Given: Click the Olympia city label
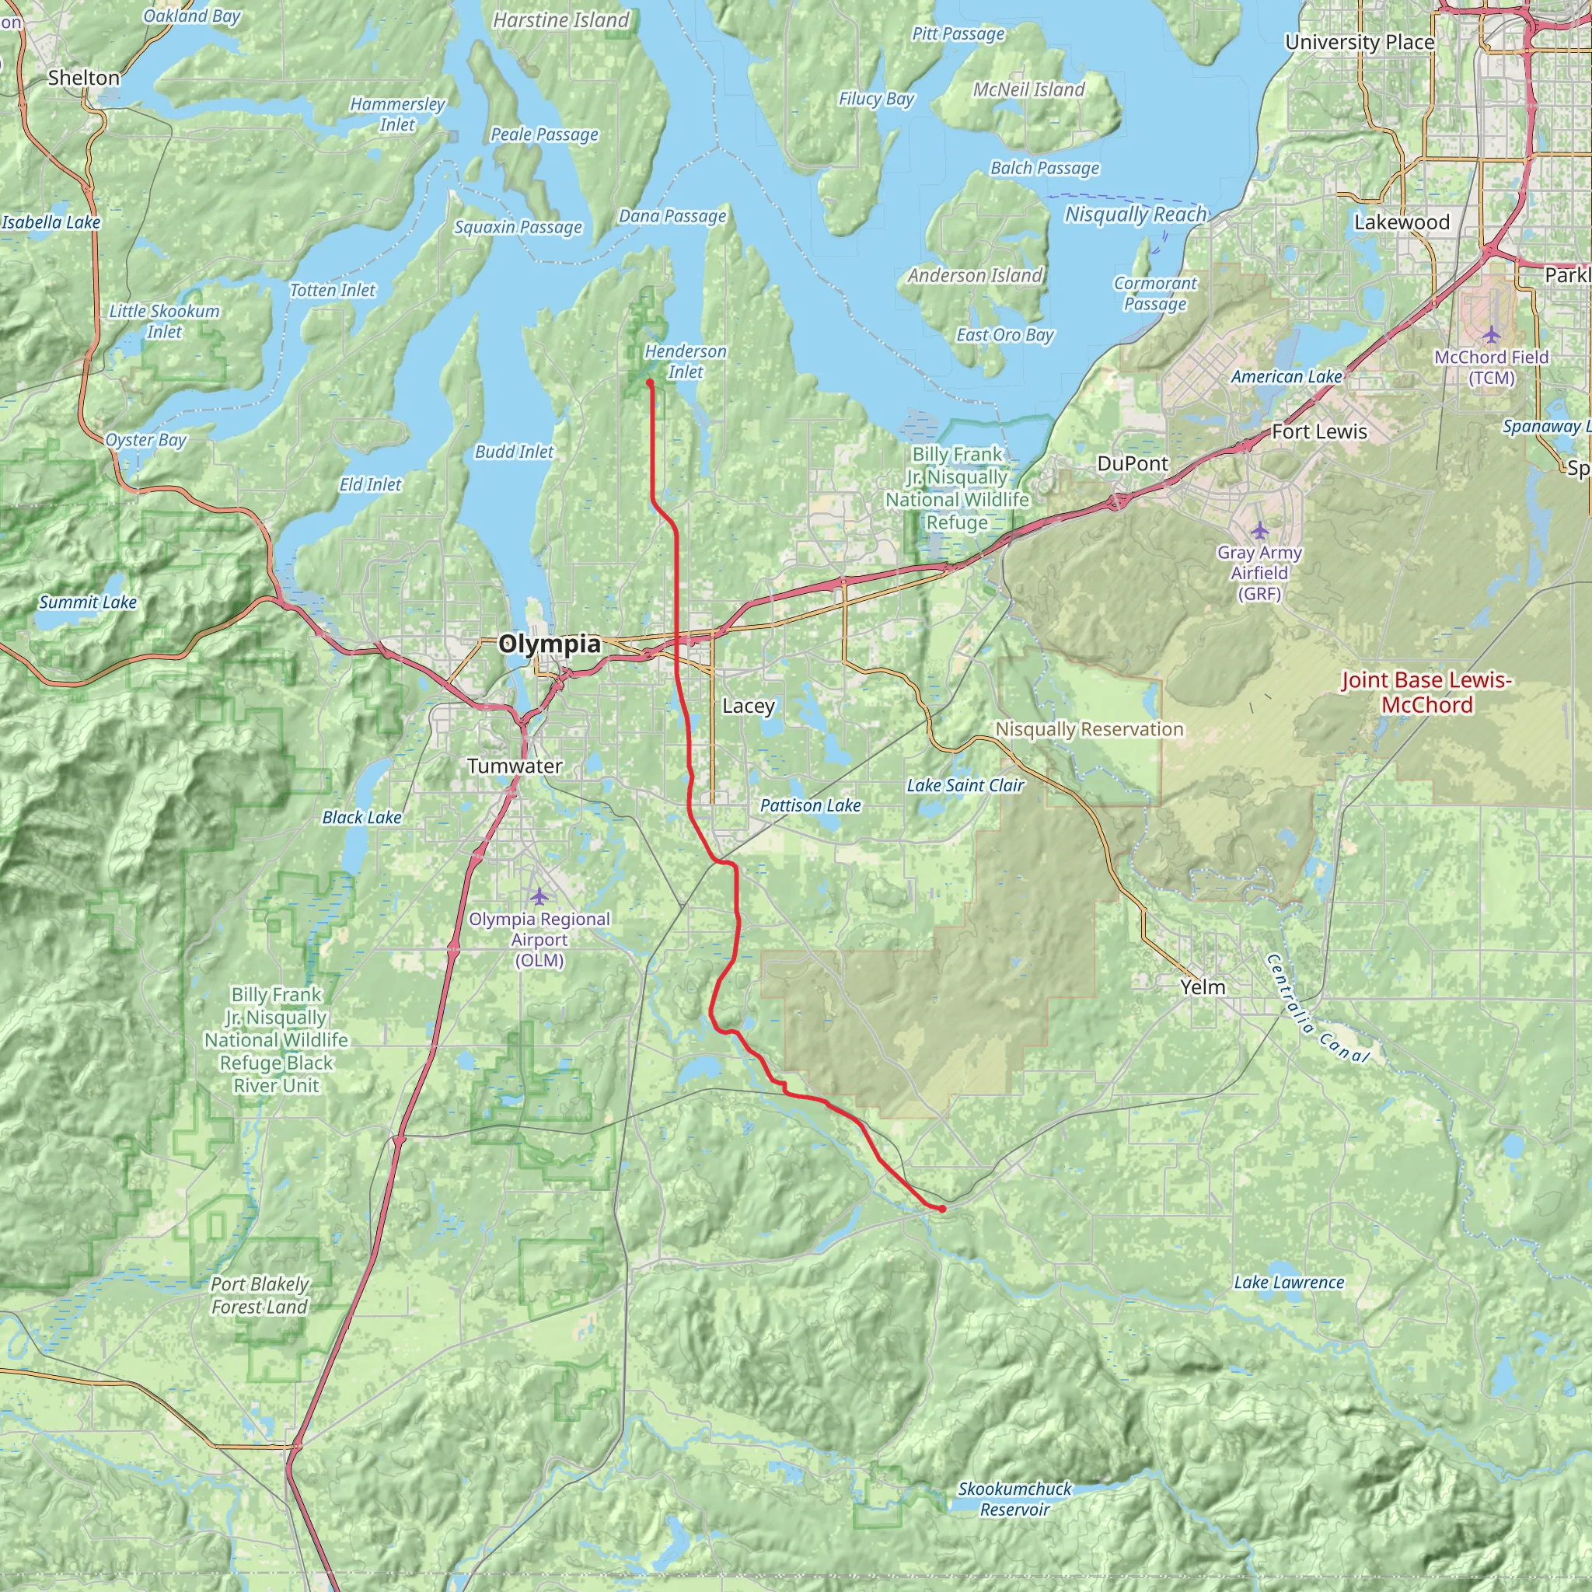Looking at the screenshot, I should (x=549, y=644).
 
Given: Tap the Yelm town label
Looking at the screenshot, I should (x=1203, y=987).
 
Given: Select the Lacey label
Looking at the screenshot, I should (x=749, y=706).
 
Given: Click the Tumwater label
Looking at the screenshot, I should (x=515, y=766).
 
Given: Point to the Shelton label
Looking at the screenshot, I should (x=84, y=79).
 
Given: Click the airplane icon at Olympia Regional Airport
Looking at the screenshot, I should (x=539, y=895).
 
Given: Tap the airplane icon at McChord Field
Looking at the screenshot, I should (x=1492, y=334).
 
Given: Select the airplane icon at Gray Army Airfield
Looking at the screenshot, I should (x=1259, y=530).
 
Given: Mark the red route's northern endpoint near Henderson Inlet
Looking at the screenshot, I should (x=650, y=383).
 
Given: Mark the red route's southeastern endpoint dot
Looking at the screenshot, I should (x=941, y=1209).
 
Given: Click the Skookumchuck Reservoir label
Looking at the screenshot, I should (x=1014, y=1499).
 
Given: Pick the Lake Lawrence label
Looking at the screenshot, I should (x=1289, y=1283).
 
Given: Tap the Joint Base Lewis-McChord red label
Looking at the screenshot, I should (x=1426, y=692).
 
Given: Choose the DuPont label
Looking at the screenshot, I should (x=1132, y=464).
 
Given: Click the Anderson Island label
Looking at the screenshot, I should (x=975, y=276).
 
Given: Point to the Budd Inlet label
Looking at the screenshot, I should (x=514, y=452).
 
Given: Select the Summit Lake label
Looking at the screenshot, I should (x=88, y=602).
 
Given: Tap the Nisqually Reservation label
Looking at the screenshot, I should (x=1089, y=729).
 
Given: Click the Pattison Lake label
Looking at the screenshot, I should (x=810, y=806).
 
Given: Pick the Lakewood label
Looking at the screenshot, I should (x=1402, y=222).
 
